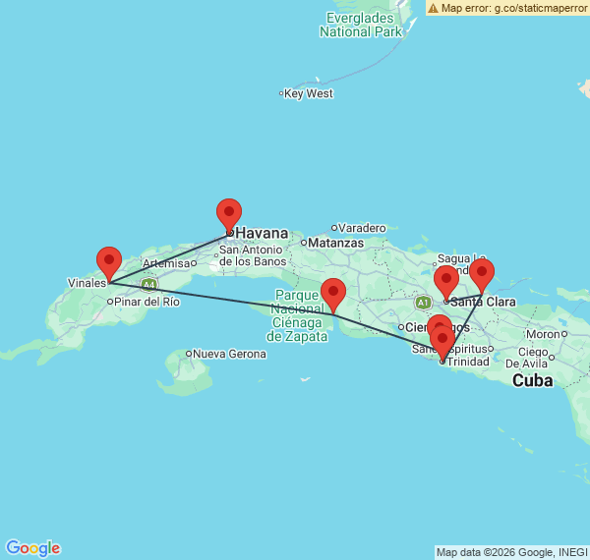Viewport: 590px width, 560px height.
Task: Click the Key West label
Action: pos(310,94)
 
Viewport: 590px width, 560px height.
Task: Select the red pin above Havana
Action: pos(229,213)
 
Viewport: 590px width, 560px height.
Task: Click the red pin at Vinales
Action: pos(109,261)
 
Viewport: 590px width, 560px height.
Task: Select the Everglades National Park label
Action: pos(361,25)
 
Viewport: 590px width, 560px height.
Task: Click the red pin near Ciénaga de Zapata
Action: pos(333,293)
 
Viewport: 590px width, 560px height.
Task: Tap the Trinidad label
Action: pos(468,361)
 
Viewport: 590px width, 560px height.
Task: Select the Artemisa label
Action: pos(165,263)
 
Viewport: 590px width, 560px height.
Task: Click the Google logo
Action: pos(32,548)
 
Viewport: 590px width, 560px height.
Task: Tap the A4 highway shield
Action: pos(148,285)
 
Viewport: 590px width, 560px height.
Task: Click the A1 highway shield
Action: pos(423,302)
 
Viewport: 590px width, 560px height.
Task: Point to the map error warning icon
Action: pos(434,8)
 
